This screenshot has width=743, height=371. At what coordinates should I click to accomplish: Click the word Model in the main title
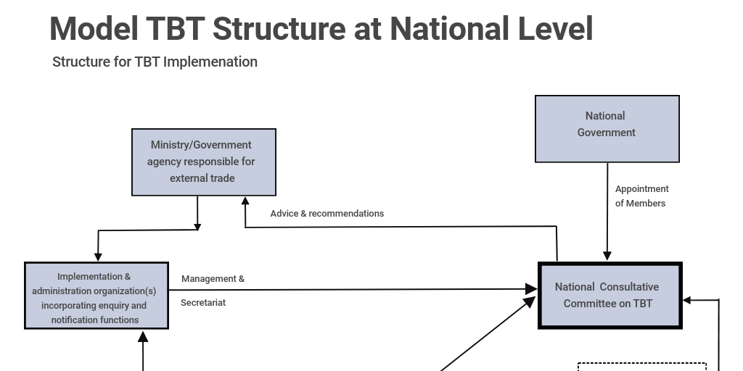94,29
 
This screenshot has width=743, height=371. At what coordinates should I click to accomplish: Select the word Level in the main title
555,29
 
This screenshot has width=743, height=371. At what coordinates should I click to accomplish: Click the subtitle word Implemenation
210,62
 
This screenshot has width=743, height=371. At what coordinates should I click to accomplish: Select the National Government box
607,129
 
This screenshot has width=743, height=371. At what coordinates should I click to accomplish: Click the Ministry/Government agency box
203,162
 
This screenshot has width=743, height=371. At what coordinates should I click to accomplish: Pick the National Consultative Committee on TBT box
609,296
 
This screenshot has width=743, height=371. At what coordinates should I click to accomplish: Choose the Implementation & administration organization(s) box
97,296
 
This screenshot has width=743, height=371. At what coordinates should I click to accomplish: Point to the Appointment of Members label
641,196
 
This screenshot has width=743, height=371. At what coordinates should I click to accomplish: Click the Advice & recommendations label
327,213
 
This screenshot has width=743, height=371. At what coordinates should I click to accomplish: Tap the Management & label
213,278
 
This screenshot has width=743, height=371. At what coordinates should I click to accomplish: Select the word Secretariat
203,302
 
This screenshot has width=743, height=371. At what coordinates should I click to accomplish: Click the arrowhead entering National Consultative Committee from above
607,256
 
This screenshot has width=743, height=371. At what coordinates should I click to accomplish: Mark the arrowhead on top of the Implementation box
98,256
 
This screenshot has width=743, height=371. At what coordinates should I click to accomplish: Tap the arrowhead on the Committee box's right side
687,299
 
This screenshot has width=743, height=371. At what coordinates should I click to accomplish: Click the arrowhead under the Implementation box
143,335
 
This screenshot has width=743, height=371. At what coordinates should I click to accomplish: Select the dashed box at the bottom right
641,367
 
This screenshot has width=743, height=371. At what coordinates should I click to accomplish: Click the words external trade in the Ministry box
202,178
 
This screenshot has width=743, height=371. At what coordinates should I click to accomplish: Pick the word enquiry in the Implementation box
114,305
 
